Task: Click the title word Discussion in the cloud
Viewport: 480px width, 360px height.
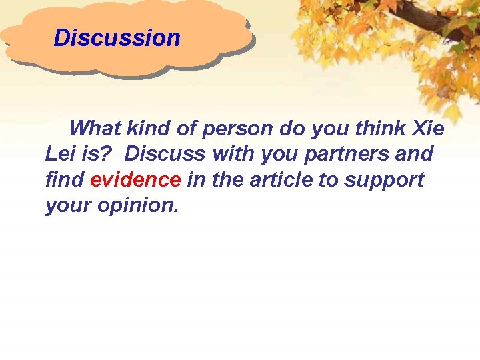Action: [117, 38]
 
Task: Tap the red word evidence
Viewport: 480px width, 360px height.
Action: [135, 180]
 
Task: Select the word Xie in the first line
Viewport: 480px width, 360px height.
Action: [429, 127]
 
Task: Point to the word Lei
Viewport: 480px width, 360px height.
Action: [61, 154]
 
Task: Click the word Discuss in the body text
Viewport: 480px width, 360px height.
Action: [165, 154]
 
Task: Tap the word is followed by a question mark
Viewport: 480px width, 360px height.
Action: [97, 154]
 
